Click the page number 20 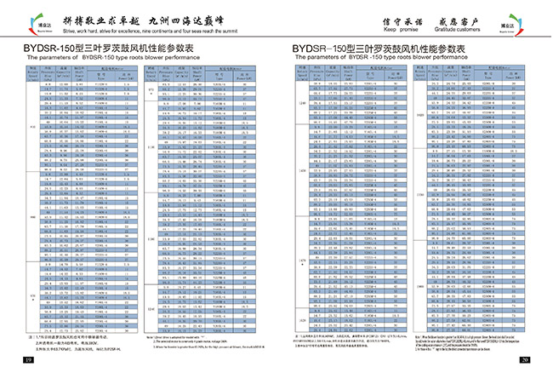coord(525,361)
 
